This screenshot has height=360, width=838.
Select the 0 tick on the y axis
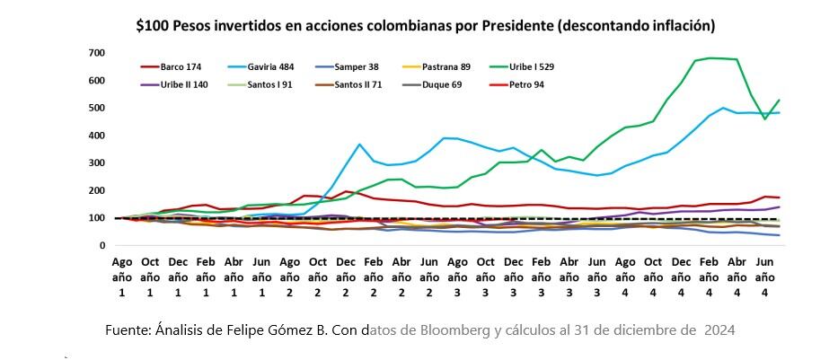tap(104, 246)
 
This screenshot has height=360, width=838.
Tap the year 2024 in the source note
tap(719, 329)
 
